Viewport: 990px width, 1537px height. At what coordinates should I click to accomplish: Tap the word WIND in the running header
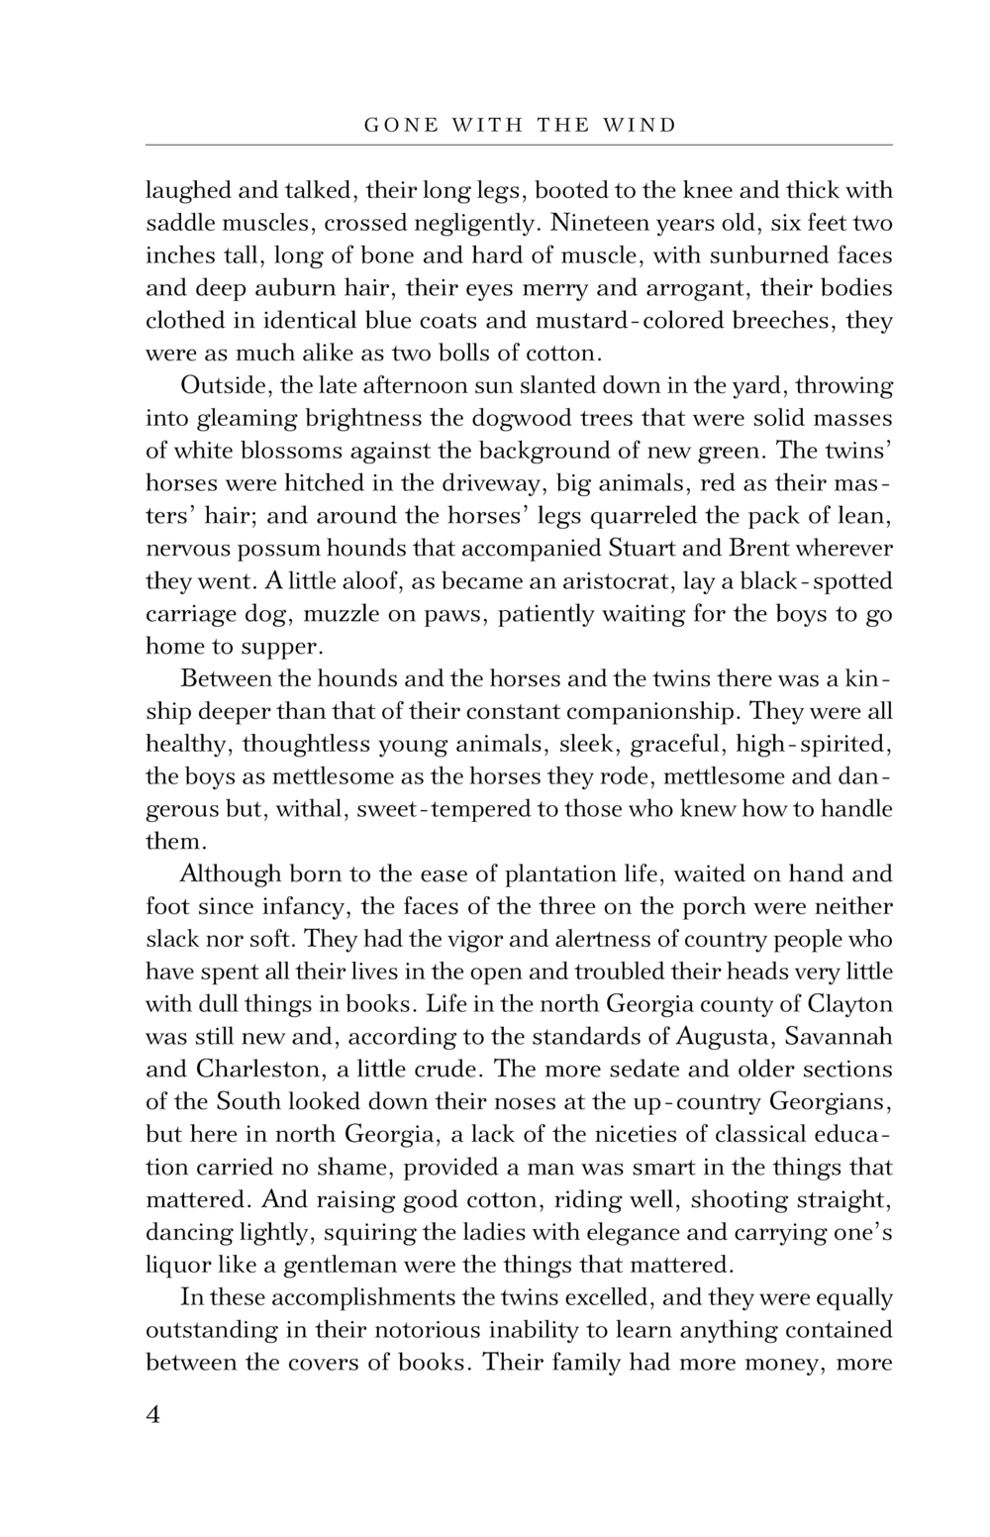pyautogui.click(x=643, y=126)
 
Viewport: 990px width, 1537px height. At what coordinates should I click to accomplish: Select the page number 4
pyautogui.click(x=152, y=1413)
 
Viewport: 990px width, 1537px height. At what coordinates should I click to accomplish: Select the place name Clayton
pyautogui.click(x=850, y=1003)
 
